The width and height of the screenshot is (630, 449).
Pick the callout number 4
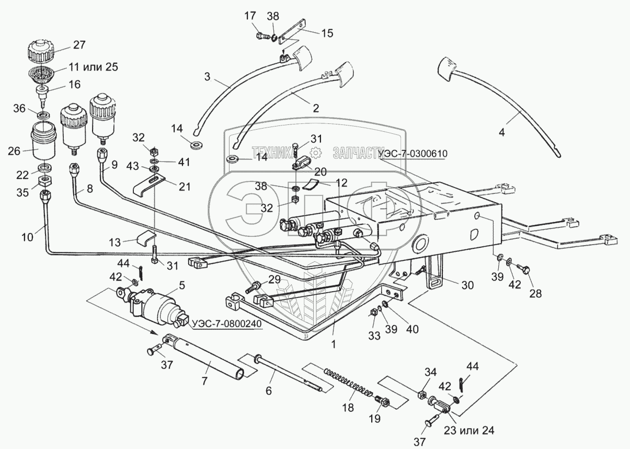501,132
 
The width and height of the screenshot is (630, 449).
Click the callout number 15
326,32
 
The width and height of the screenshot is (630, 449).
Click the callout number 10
27,237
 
